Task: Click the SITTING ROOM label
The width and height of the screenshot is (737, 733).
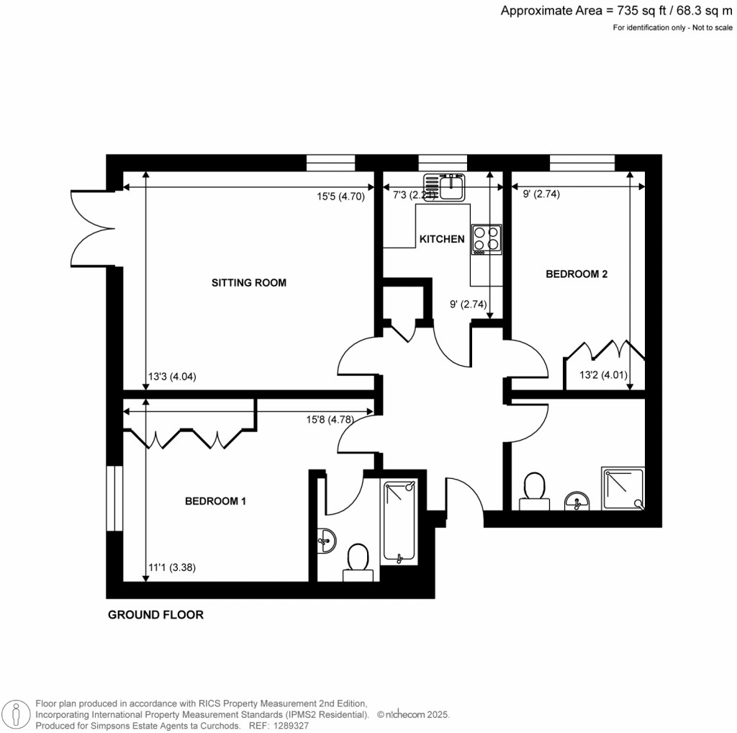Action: pos(248,283)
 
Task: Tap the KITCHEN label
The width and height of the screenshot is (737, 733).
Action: pos(442,239)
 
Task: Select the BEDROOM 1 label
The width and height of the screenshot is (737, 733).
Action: pos(215,501)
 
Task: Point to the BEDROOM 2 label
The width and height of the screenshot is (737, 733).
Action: pos(577,274)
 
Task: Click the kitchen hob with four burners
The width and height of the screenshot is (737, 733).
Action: pos(487,240)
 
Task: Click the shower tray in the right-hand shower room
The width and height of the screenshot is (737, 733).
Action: pos(624,487)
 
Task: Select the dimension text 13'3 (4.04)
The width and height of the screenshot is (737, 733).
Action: pos(173,377)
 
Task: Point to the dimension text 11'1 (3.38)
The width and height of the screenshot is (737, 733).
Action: pos(172,567)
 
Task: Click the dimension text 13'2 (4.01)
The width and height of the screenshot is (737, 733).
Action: pos(604,374)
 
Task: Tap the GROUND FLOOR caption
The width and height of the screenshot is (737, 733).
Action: pos(155,615)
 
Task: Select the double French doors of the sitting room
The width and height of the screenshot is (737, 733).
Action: pos(93,228)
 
